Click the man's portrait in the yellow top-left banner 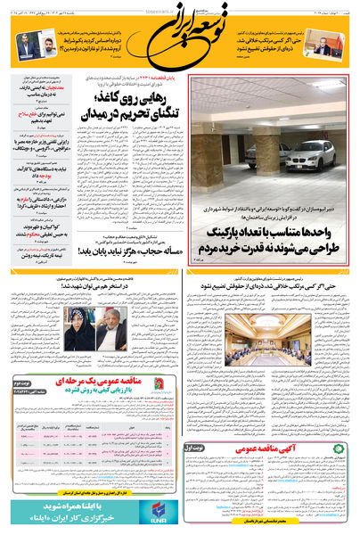31,43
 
